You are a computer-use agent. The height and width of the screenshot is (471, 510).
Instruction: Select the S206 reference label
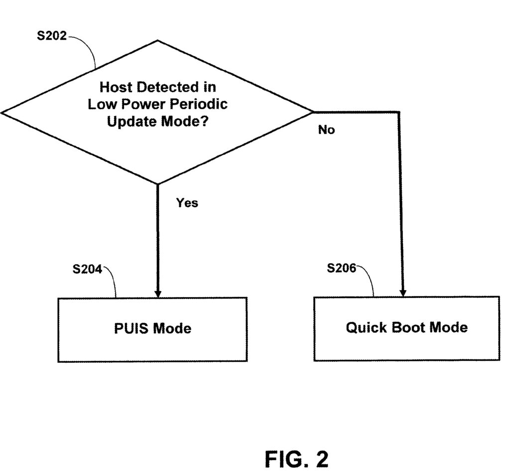341,269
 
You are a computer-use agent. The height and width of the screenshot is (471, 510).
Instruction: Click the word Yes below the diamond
187,203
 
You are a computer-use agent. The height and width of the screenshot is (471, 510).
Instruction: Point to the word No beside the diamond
326,130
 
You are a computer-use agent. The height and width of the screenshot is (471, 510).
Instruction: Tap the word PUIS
131,329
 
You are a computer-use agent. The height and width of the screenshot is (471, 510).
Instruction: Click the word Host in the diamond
116,87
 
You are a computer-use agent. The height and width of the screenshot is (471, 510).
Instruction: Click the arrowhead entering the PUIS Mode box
158,293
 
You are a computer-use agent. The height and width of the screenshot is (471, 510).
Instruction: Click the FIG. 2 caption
296,459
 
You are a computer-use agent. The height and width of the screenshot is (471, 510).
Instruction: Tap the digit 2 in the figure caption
322,459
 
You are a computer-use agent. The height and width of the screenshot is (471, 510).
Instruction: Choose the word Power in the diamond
144,104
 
